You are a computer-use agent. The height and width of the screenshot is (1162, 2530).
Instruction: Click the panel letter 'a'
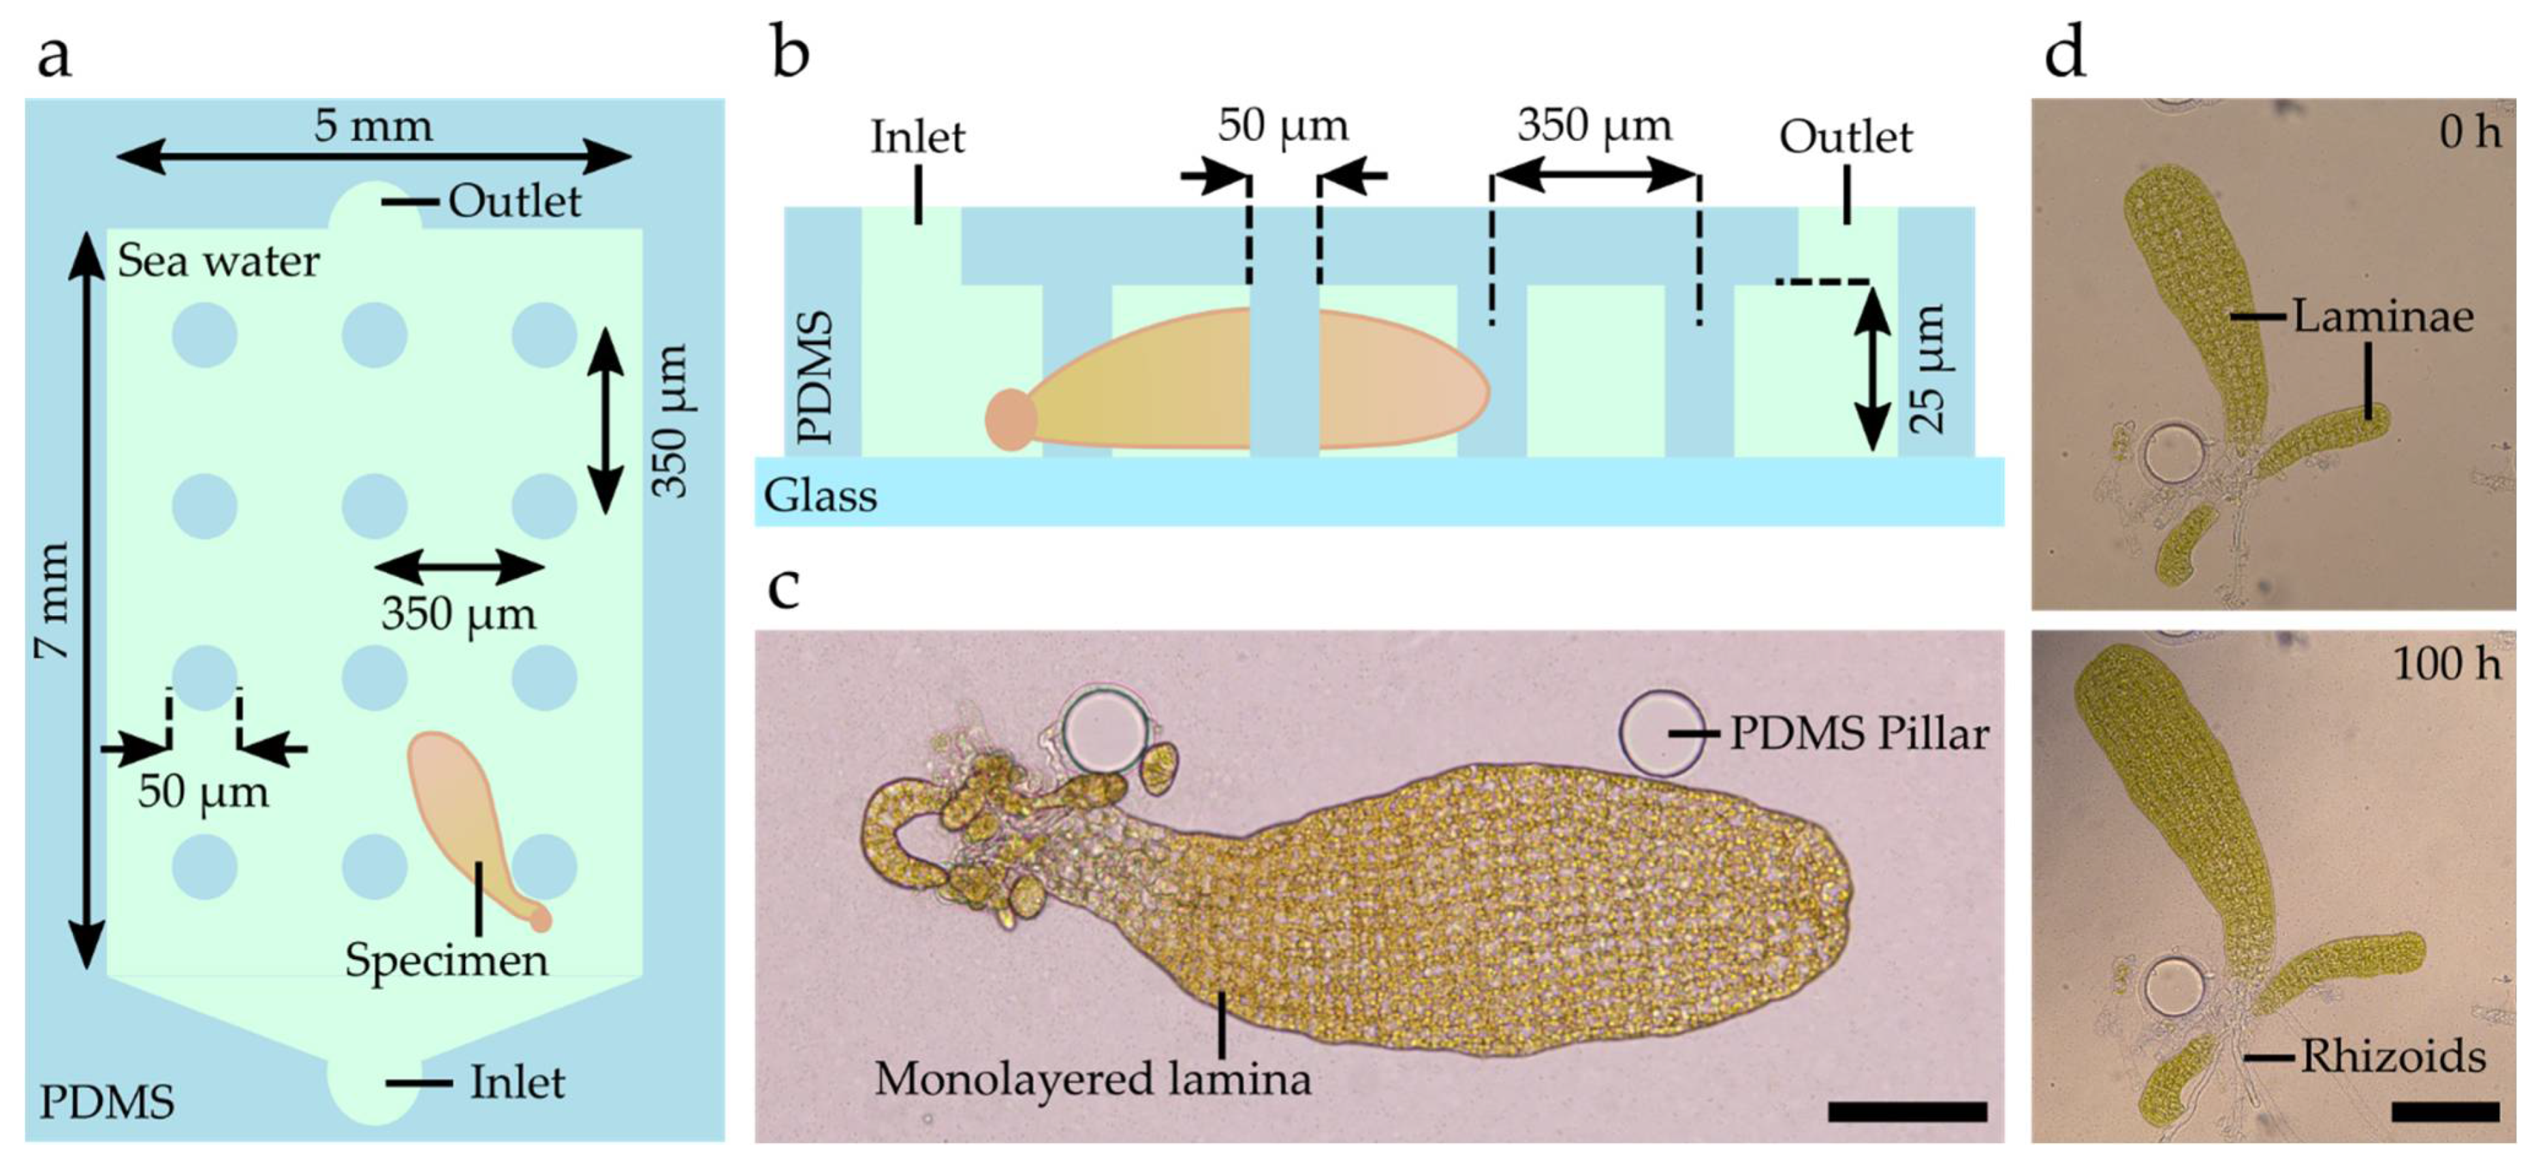53,57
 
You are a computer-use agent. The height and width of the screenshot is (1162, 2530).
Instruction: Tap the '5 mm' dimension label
373,127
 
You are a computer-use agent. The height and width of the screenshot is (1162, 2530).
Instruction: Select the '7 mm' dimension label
51,599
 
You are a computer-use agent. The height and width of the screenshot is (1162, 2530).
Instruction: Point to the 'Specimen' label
446,960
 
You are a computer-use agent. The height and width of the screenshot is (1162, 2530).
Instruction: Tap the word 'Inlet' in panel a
518,1082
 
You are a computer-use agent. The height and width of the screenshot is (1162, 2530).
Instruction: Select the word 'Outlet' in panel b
1846,138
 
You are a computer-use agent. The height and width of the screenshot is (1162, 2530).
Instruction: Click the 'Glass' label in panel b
820,496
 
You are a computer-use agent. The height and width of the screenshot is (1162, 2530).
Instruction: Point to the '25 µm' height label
1927,369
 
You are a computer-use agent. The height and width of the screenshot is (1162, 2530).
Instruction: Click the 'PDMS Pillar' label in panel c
1859,734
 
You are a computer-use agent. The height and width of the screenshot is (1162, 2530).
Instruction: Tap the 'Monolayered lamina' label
1092,1078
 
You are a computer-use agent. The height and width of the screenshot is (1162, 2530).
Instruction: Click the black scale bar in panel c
1908,1112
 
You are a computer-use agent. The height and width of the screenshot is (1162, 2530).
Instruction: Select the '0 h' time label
2470,131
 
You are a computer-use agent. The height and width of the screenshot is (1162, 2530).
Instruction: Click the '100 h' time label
2446,664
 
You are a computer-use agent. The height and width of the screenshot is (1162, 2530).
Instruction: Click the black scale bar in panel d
2446,1112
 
